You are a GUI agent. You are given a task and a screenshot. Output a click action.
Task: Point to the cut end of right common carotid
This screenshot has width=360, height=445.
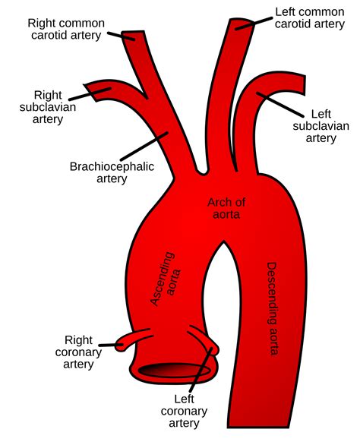tap(134, 35)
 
